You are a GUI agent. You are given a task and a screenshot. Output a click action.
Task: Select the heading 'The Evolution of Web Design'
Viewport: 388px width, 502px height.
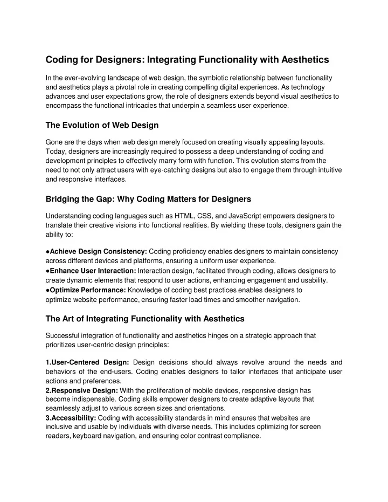[102, 126]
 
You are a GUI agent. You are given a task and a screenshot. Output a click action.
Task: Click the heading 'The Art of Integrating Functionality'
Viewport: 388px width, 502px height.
[145, 318]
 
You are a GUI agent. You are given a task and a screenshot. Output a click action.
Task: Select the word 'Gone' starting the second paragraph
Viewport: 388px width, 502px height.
[54, 142]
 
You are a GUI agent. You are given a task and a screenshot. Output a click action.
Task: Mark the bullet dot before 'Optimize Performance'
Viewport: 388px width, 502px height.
[48, 289]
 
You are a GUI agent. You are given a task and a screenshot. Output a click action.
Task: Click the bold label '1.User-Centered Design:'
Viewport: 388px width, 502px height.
[86, 362]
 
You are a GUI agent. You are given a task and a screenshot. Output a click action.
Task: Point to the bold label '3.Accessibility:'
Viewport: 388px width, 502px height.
[71, 418]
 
